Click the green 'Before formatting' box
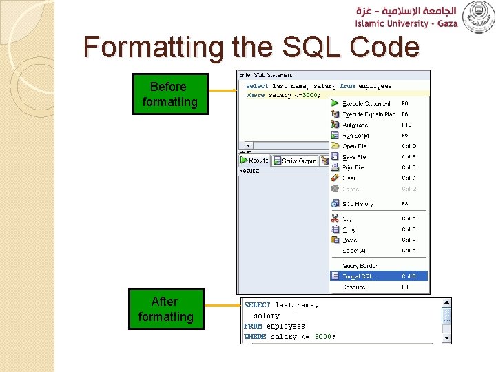point(169,94)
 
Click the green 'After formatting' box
point(166,309)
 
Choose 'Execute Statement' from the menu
point(366,104)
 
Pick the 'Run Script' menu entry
point(356,136)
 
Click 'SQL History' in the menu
point(358,204)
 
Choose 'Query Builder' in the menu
point(360,265)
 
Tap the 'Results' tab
point(254,161)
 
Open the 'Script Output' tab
point(294,161)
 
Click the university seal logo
point(478,17)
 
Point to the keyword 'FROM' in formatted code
point(253,326)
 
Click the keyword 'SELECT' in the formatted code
point(257,304)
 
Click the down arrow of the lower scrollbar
point(446,338)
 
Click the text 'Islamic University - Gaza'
point(406,23)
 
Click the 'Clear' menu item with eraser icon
point(349,178)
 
